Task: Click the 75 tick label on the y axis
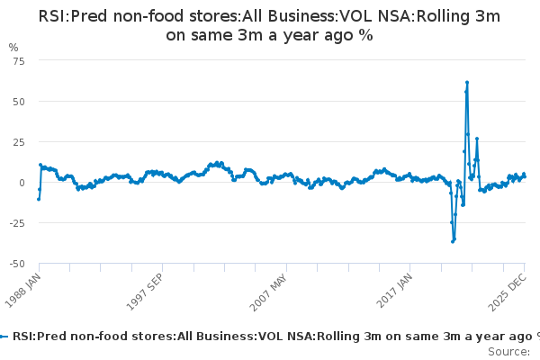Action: tap(19, 60)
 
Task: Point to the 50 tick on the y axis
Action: tap(19, 101)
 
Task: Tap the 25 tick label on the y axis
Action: tap(19, 141)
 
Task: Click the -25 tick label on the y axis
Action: tap(17, 222)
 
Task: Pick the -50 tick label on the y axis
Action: tap(17, 263)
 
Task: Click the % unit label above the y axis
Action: tap(13, 47)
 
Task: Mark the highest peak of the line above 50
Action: tap(467, 83)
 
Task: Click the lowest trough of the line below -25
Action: tap(454, 241)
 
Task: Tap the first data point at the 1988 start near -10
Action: tap(38, 198)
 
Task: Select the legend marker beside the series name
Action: tap(4, 336)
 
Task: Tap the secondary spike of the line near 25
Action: tap(477, 139)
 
